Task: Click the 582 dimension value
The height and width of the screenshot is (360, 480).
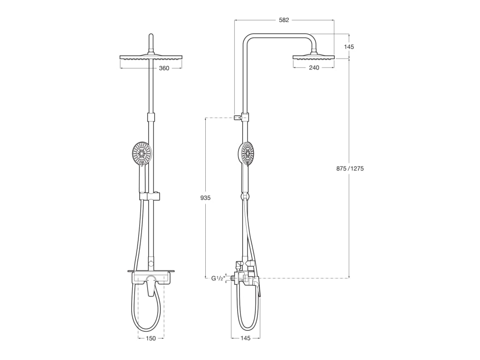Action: point(284,20)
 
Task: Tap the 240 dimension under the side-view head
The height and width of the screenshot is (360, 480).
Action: point(314,68)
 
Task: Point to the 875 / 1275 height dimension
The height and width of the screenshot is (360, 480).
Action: point(350,169)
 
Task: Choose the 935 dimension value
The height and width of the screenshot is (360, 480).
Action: point(205,198)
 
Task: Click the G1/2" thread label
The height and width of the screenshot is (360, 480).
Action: point(217,278)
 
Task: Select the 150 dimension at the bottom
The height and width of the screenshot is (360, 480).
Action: point(151,338)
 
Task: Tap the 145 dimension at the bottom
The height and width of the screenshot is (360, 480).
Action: point(245,338)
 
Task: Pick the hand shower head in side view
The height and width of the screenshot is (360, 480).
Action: point(247,154)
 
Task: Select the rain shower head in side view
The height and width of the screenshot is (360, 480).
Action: point(314,57)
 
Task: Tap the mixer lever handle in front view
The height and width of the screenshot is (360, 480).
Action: point(150,285)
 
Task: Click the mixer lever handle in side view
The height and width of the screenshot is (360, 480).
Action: point(259,287)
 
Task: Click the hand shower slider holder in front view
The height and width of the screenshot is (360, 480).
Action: point(150,196)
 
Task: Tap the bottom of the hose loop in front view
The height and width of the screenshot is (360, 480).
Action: point(147,330)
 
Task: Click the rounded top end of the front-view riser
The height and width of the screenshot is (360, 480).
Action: point(151,36)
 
